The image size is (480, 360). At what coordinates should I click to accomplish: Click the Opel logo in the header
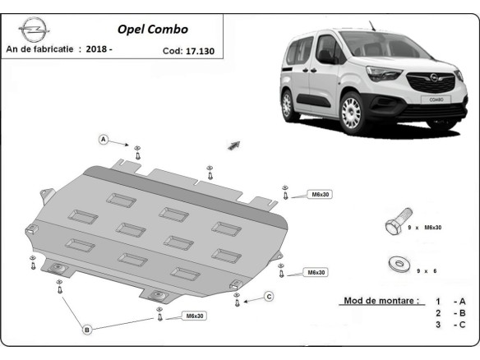pos(31,30)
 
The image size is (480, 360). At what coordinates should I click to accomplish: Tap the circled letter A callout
pos(104,139)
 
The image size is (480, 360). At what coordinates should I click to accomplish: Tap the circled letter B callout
pos(86,330)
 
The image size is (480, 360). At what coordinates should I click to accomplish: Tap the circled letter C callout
pos(268,296)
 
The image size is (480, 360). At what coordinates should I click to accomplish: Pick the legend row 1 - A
pos(450,302)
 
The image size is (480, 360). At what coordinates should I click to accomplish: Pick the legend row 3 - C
pos(450,325)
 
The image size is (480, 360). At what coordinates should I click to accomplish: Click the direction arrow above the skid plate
pos(234,145)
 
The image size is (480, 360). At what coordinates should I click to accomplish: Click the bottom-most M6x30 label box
pos(195,316)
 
